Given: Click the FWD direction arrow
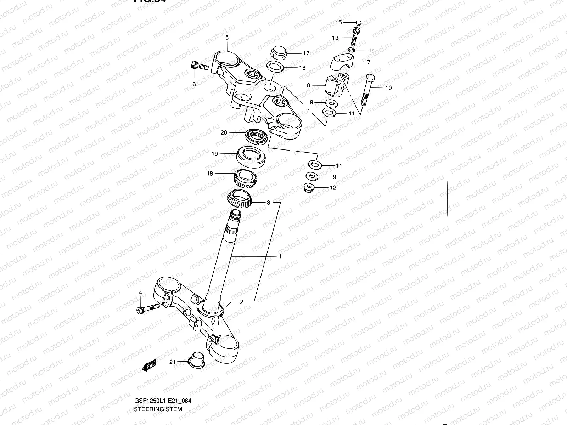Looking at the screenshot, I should pyautogui.click(x=149, y=365).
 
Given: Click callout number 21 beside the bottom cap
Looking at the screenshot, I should pyautogui.click(x=172, y=362).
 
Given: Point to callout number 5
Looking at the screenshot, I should pyautogui.click(x=227, y=38).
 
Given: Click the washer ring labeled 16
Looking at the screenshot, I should pyautogui.click(x=274, y=67).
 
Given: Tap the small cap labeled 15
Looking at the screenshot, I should pyautogui.click(x=358, y=22).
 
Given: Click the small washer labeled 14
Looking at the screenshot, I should pyautogui.click(x=351, y=50).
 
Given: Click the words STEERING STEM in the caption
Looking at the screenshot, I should pyautogui.click(x=158, y=409).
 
